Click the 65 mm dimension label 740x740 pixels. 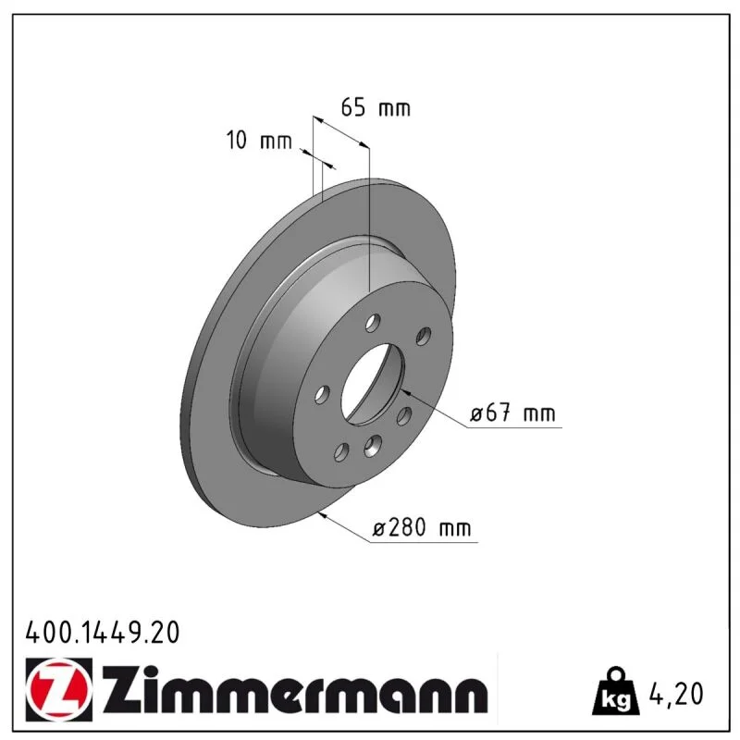point(376,107)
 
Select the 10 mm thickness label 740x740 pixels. point(259,141)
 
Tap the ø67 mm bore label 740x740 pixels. point(512,413)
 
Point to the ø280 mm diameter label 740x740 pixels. point(422,527)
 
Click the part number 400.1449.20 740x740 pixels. point(103,633)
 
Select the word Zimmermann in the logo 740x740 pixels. point(294,689)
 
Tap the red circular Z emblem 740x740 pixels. point(59,689)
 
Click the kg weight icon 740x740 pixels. point(616,691)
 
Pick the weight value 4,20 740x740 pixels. point(676,694)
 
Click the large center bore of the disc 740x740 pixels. point(373,384)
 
